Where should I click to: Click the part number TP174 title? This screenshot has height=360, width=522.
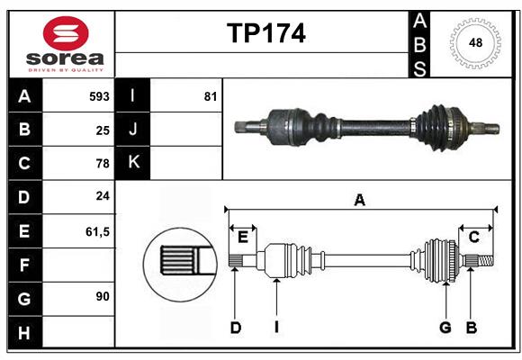pyautogui.click(x=265, y=33)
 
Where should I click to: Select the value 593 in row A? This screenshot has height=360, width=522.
pyautogui.click(x=98, y=96)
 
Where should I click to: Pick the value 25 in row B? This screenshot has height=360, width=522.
pyautogui.click(x=102, y=130)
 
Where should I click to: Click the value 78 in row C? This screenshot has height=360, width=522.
pyautogui.click(x=102, y=164)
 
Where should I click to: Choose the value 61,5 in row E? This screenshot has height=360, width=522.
pyautogui.click(x=97, y=231)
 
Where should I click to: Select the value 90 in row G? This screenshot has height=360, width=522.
pyautogui.click(x=102, y=296)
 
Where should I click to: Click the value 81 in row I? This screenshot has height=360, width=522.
pyautogui.click(x=211, y=96)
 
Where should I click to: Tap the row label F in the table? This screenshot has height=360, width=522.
pyautogui.click(x=24, y=265)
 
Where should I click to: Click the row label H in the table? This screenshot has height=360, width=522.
pyautogui.click(x=24, y=332)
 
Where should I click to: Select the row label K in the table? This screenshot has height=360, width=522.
pyautogui.click(x=133, y=163)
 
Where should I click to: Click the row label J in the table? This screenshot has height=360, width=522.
pyautogui.click(x=133, y=130)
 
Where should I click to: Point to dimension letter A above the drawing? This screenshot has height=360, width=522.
pyautogui.click(x=360, y=201)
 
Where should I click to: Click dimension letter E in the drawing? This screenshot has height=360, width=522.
pyautogui.click(x=243, y=237)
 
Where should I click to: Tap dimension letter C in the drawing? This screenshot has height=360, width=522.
pyautogui.click(x=473, y=237)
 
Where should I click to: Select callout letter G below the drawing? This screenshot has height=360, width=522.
pyautogui.click(x=445, y=328)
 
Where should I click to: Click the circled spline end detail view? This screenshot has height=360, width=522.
pyautogui.click(x=178, y=262)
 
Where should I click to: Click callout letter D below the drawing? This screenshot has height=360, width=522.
pyautogui.click(x=235, y=328)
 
